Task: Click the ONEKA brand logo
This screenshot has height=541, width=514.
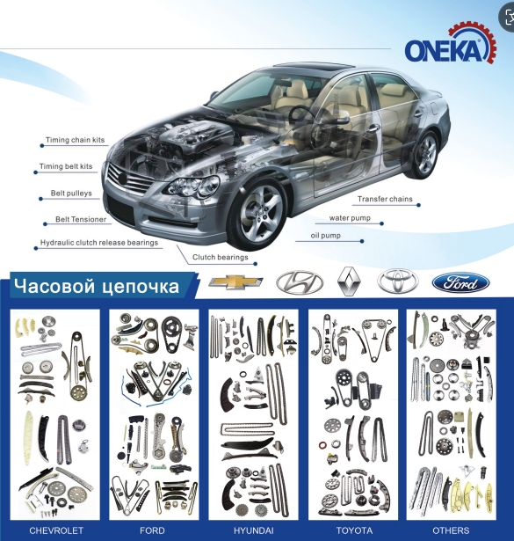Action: (x=451, y=44)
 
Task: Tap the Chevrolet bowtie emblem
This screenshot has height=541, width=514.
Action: (x=235, y=282)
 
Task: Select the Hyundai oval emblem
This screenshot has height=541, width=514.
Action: (x=300, y=282)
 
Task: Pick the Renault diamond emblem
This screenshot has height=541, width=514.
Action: (x=350, y=281)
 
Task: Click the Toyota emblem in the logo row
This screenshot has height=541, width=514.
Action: (x=398, y=281)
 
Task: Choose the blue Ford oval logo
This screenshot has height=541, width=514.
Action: (x=461, y=283)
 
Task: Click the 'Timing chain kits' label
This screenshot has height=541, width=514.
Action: (x=75, y=140)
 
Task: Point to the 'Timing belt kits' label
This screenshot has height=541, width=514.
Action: (x=66, y=166)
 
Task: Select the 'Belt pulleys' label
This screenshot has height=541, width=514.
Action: (x=71, y=193)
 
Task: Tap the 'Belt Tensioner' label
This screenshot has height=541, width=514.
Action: (x=81, y=219)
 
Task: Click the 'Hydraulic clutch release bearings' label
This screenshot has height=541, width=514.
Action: (x=99, y=243)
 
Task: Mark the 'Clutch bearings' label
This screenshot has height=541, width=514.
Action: (x=221, y=257)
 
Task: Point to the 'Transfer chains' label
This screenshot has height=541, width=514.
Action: (x=385, y=199)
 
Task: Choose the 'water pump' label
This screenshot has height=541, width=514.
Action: (x=350, y=218)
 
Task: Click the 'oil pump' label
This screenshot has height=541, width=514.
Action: (x=326, y=236)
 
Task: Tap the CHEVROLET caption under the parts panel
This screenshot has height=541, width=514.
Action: (x=56, y=530)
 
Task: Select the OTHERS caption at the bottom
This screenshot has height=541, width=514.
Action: (x=451, y=530)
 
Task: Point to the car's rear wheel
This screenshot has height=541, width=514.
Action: (x=424, y=154)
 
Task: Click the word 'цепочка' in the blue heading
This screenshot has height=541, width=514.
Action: (x=141, y=287)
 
